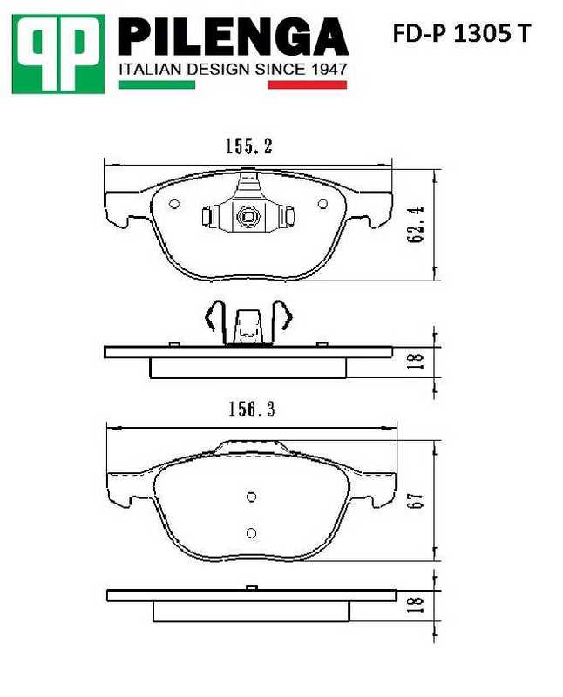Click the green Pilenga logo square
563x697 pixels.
pyautogui.click(x=58, y=53)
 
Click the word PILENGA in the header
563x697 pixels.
pyautogui.click(x=232, y=37)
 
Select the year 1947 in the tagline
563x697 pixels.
pyautogui.click(x=329, y=69)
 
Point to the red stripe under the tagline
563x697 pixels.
pyautogui.click(x=308, y=85)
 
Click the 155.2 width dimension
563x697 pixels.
pyautogui.click(x=248, y=148)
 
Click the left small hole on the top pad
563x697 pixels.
pyautogui.click(x=174, y=205)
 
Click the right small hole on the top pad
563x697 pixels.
pyautogui.click(x=322, y=205)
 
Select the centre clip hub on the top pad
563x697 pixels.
pyautogui.click(x=248, y=217)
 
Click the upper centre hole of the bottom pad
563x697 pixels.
pyautogui.click(x=251, y=497)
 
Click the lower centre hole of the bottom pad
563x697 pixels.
pyautogui.click(x=251, y=532)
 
